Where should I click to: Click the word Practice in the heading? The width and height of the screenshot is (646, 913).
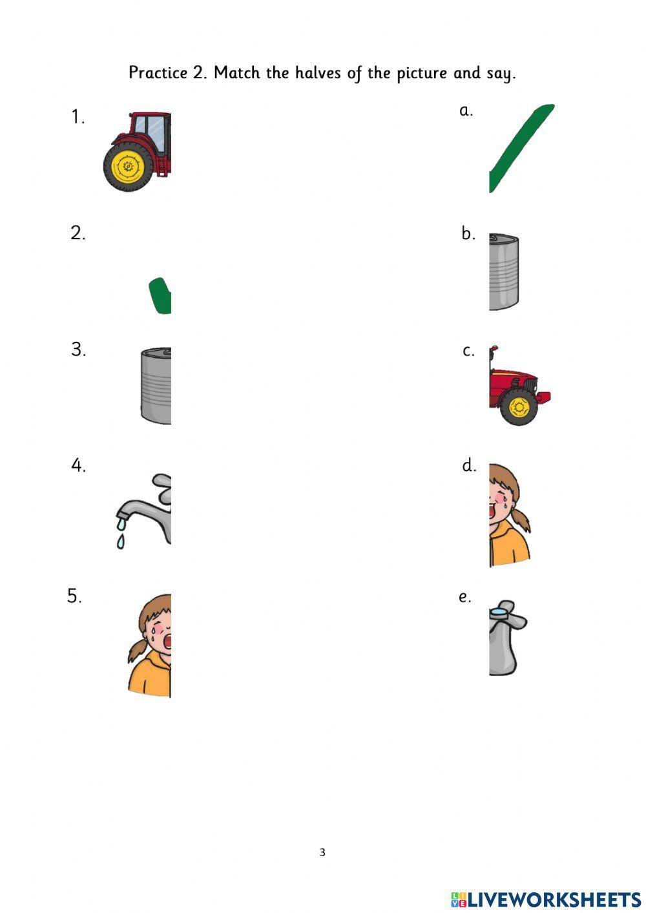tap(158, 72)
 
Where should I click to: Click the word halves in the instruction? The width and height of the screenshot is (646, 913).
tap(317, 72)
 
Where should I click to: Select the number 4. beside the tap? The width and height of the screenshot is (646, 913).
tap(79, 465)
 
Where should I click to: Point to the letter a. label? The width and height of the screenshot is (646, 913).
tap(466, 110)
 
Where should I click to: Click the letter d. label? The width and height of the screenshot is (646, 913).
tap(469, 465)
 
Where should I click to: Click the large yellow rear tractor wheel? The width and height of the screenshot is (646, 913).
tap(129, 167)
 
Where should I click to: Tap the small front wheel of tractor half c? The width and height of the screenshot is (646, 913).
tap(519, 407)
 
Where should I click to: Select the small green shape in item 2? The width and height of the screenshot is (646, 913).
tap(160, 296)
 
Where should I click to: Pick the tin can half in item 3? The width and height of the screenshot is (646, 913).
tap(156, 386)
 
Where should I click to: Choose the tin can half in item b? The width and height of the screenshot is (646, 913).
tap(504, 272)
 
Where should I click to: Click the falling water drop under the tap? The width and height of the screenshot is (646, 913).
tap(121, 541)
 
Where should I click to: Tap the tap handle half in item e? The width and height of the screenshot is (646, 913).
tap(507, 638)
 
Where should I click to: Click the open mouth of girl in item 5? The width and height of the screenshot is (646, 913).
tap(167, 640)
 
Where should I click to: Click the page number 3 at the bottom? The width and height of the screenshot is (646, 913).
tap(322, 852)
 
